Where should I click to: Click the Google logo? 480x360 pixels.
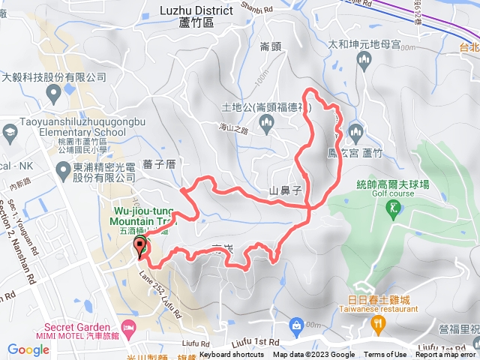click(28, 349)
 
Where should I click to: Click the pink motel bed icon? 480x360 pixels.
click(128, 328)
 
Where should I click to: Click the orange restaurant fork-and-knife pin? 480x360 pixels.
click(378, 324)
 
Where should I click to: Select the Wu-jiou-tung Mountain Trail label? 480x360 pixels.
click(142, 217)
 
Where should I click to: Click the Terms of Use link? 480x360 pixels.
click(385, 355)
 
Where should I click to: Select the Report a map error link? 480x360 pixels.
click(447, 355)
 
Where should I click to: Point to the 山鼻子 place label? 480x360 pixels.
click(284, 191)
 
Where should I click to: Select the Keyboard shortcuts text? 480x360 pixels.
click(231, 355)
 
